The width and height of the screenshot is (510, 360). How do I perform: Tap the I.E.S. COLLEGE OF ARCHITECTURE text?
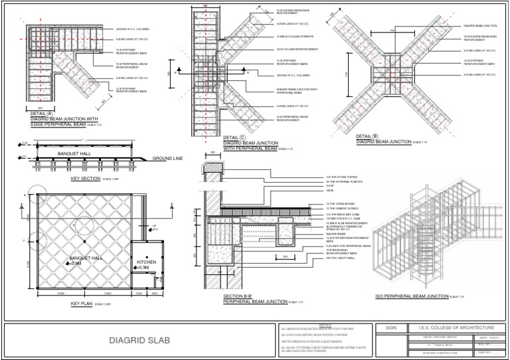click(x=452, y=327)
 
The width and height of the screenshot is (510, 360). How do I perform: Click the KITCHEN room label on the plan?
click(x=146, y=262)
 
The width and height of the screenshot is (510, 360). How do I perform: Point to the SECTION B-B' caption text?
click(x=240, y=297)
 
